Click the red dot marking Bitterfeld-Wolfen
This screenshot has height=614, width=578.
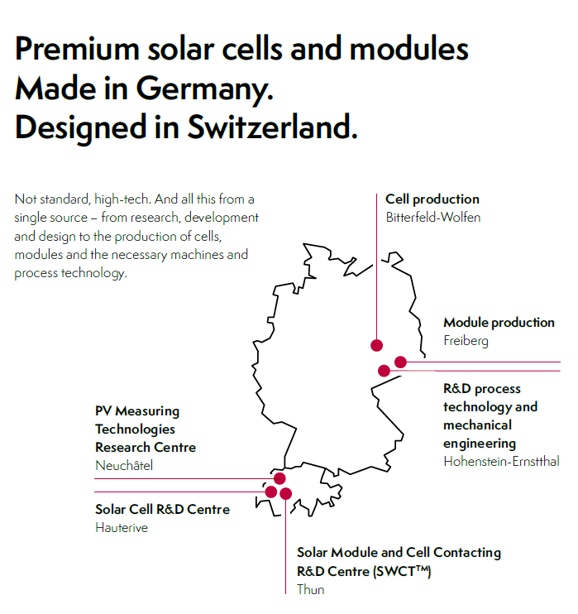click(376, 345)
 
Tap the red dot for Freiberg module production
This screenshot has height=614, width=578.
click(400, 362)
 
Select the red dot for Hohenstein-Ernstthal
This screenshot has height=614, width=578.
click(384, 371)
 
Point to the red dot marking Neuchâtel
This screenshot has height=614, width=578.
click(279, 478)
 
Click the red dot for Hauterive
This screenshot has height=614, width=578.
click(270, 492)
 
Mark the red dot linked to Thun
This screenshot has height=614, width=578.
click(285, 493)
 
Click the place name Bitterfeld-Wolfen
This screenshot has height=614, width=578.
click(433, 218)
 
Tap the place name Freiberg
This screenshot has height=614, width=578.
click(466, 341)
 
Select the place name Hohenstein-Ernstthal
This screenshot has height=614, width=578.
click(501, 461)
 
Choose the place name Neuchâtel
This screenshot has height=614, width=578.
click(124, 465)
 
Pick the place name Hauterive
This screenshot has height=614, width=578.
click(122, 527)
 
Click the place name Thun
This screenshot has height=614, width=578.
click(311, 589)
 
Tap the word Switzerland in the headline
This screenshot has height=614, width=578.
click(272, 127)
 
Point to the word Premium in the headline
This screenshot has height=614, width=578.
click(77, 49)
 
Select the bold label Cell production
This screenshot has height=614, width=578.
click(432, 199)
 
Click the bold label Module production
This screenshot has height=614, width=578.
click(499, 322)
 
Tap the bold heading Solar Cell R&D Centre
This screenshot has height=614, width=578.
click(162, 509)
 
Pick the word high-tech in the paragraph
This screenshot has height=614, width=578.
click(122, 199)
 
